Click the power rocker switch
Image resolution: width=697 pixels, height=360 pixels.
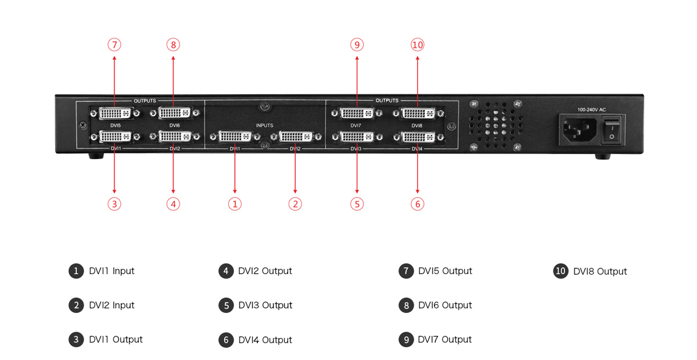coord(612,129)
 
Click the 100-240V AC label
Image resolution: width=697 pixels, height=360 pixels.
coord(591,110)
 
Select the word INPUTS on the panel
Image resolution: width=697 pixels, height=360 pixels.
coord(264,125)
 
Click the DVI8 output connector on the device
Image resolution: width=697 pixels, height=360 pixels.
coord(418,113)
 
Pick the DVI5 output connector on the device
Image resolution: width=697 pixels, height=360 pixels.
coord(115,113)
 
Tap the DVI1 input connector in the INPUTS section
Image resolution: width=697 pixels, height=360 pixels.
coord(235,136)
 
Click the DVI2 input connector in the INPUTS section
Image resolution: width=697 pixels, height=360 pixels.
coord(296,136)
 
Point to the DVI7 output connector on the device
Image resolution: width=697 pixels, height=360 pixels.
coord(357,113)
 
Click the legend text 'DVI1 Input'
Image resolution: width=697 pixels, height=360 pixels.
coord(112,271)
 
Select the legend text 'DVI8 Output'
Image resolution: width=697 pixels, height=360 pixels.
coord(600,271)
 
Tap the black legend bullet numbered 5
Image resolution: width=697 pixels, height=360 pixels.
coord(226,305)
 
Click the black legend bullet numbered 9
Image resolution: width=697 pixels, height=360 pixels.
coord(406,340)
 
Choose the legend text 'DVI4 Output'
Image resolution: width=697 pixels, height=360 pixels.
coord(265,340)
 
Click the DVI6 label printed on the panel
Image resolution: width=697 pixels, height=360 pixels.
coord(175,125)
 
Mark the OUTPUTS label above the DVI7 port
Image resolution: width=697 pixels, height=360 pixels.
coord(387,100)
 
